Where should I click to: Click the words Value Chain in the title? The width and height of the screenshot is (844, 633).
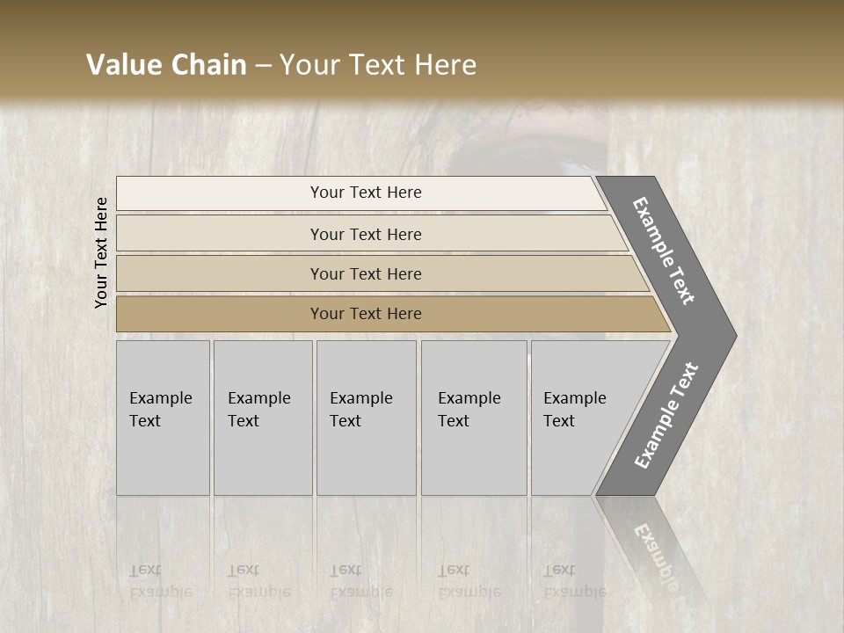[166, 65]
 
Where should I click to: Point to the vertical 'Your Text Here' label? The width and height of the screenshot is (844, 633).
[101, 252]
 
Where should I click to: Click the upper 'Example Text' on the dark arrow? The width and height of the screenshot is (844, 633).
[664, 251]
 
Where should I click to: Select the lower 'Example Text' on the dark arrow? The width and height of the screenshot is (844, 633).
[666, 416]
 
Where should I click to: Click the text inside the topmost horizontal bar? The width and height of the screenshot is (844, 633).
[366, 193]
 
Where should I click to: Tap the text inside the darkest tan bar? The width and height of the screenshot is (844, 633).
[366, 314]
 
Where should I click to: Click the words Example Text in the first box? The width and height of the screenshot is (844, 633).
[160, 409]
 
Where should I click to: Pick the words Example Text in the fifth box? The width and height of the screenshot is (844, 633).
[574, 409]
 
